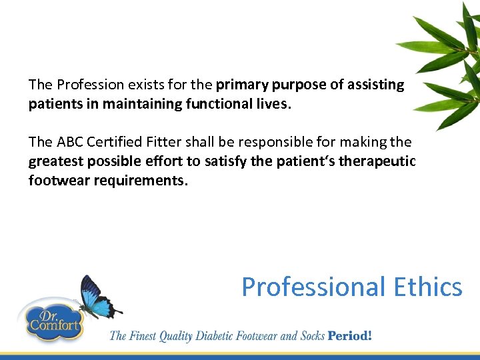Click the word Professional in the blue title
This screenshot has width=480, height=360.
pyautogui.click(x=312, y=287)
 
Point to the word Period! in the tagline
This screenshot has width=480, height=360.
pyautogui.click(x=349, y=335)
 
